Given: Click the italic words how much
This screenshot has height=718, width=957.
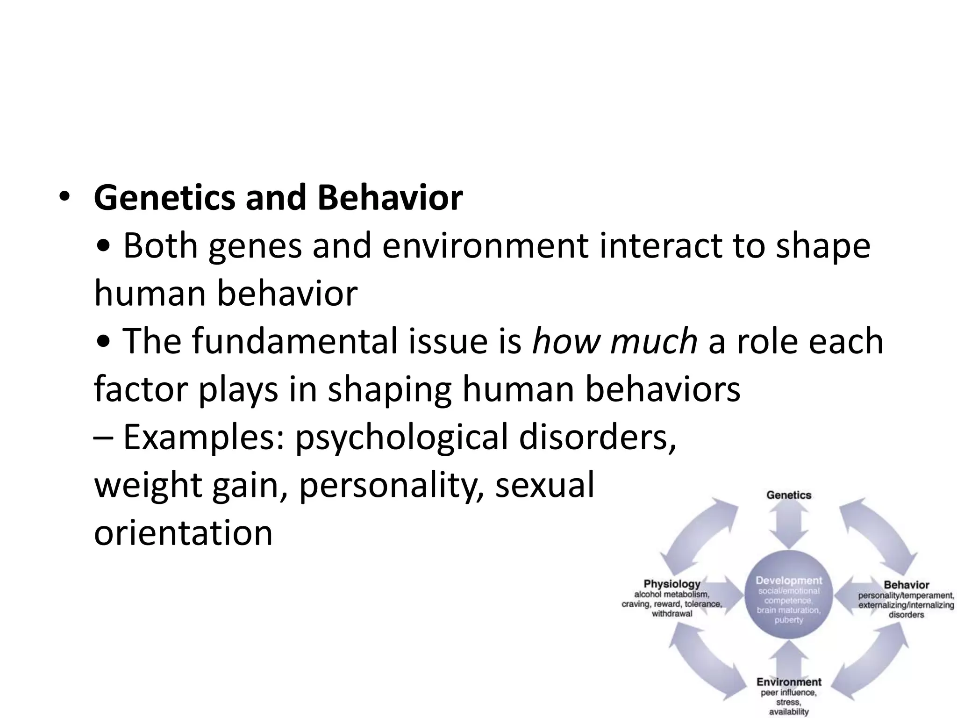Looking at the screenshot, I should coord(614,341).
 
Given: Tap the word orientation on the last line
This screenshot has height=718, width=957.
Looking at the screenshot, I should coord(183,533).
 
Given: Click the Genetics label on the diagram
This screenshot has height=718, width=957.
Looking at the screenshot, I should coord(789,495).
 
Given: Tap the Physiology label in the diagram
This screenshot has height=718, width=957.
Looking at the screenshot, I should coord(672,584).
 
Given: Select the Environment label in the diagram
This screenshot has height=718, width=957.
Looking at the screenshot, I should coord(789,682).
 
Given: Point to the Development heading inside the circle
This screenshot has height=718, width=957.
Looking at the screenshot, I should coord(789,581).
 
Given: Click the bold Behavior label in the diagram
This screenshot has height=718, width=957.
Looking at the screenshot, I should coord(906,585).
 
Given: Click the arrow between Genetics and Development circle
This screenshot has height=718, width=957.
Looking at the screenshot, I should coord(789,526).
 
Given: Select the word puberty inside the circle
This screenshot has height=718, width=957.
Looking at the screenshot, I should coord(789,620).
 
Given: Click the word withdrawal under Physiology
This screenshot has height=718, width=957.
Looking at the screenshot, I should coord(672,614).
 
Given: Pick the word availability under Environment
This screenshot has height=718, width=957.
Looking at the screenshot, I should coord(789,712).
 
